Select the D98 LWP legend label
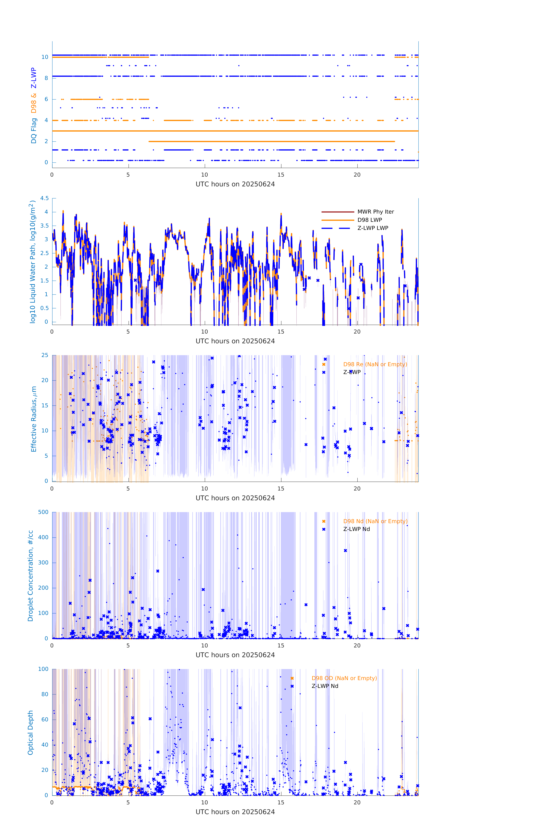point(370,220)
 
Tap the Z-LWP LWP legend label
point(373,228)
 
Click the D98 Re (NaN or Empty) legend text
point(375,364)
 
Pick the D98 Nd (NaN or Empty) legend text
point(375,521)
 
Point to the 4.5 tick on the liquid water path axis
point(44,199)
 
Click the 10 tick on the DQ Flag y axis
point(45,57)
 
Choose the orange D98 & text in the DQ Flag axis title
point(34,103)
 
